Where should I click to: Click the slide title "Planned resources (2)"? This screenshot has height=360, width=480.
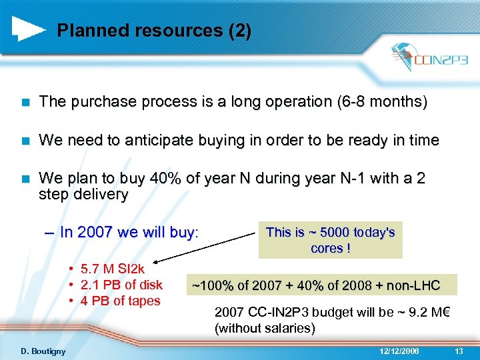click(x=154, y=31)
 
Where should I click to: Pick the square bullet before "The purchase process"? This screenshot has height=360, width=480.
click(x=25, y=103)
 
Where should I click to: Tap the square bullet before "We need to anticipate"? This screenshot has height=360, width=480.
click(x=25, y=141)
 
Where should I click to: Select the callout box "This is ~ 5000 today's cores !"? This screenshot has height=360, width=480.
click(x=330, y=240)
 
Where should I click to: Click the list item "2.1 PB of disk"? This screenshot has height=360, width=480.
click(x=121, y=285)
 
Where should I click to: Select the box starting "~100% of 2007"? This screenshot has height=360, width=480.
click(x=316, y=286)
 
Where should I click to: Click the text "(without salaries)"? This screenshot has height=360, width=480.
click(x=265, y=329)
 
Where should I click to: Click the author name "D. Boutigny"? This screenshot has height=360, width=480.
click(x=43, y=351)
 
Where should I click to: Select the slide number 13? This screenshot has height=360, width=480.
click(x=458, y=351)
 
